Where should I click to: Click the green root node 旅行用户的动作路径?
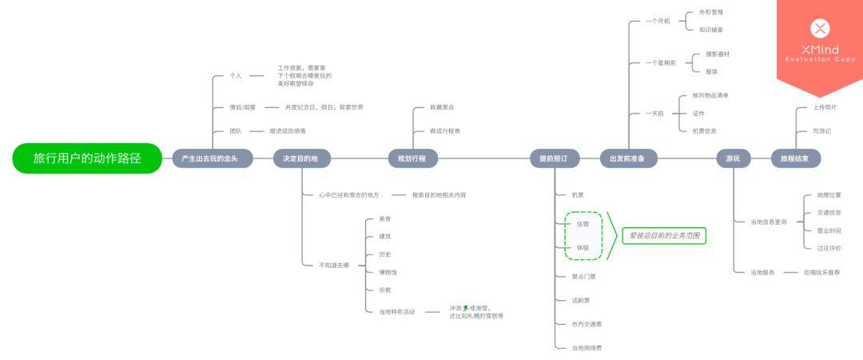pyautogui.click(x=87, y=158)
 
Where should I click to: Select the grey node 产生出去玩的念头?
pyautogui.click(x=212, y=158)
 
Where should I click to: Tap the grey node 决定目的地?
pyautogui.click(x=300, y=158)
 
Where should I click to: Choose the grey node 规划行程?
pyautogui.click(x=412, y=158)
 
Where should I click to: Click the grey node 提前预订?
pyautogui.click(x=554, y=158)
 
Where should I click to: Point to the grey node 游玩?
pyautogui.click(x=733, y=158)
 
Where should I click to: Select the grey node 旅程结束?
pyautogui.click(x=794, y=158)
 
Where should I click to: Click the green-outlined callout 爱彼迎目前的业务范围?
pyautogui.click(x=664, y=236)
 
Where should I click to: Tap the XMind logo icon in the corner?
pyautogui.click(x=820, y=29)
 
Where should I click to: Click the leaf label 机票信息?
pyautogui.click(x=705, y=130)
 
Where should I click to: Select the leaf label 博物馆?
pyautogui.click(x=388, y=272)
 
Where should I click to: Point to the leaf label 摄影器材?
pyautogui.click(x=717, y=54)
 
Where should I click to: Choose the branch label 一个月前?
pyautogui.click(x=658, y=21)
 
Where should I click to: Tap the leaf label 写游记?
pyautogui.click(x=822, y=130)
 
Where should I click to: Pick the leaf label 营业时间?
pyautogui.click(x=829, y=230)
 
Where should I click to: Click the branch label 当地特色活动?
pyautogui.click(x=397, y=311)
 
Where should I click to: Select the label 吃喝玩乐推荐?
pyautogui.click(x=821, y=272)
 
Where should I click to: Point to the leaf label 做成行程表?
pyautogui.click(x=445, y=130)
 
